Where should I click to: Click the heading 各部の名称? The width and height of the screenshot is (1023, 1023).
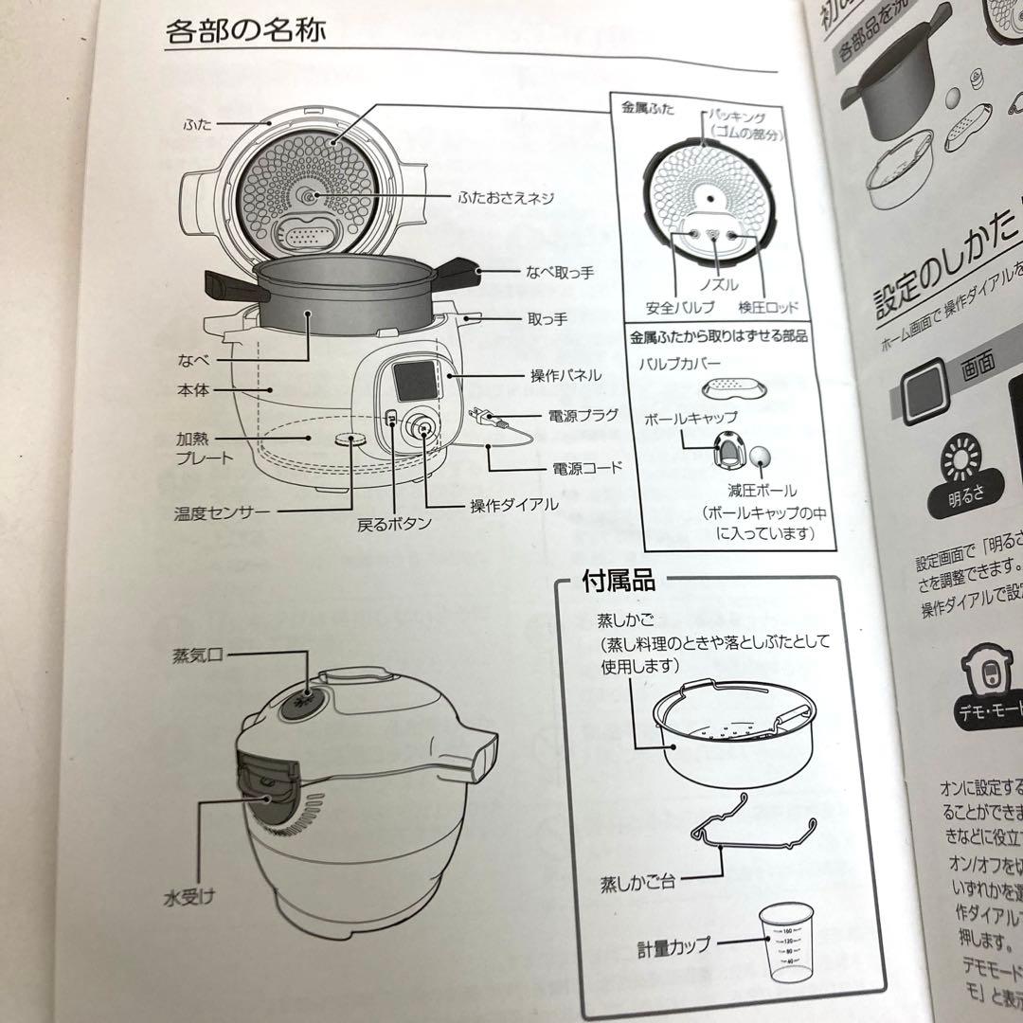(246, 30)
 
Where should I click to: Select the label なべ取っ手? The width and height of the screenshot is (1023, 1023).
(560, 273)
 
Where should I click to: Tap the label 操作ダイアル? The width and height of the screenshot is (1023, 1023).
(514, 505)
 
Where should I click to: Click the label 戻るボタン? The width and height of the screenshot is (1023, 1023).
(395, 523)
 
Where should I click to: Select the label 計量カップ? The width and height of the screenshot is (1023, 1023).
(673, 946)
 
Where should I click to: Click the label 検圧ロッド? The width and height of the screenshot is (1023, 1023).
(767, 308)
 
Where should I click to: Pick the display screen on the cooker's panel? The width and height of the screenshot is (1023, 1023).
(413, 382)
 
